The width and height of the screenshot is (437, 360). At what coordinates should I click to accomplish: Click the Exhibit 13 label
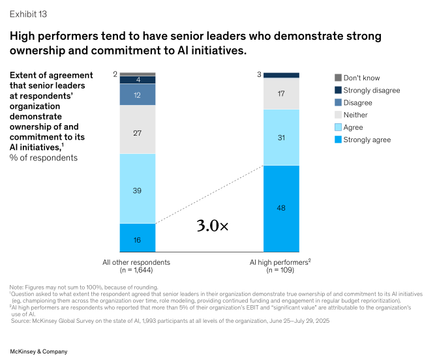pyautogui.click(x=28, y=13)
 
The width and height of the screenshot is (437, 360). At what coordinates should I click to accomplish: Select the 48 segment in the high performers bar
pyautogui.click(x=281, y=208)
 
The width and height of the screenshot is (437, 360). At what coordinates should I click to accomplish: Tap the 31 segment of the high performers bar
pyautogui.click(x=281, y=137)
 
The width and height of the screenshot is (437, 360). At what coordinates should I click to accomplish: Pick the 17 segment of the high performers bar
pyautogui.click(x=281, y=94)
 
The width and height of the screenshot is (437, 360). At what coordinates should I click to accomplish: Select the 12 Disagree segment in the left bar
pyautogui.click(x=138, y=95)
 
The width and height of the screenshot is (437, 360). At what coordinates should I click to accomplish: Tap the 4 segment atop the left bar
pyautogui.click(x=138, y=80)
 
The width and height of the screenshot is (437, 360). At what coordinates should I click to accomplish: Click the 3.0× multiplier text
pyautogui.click(x=213, y=226)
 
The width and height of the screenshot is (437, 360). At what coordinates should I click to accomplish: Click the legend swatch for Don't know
pyautogui.click(x=337, y=78)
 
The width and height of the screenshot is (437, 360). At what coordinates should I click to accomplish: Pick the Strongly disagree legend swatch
pyautogui.click(x=337, y=90)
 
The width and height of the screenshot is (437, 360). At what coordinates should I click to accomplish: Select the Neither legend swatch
pyautogui.click(x=337, y=115)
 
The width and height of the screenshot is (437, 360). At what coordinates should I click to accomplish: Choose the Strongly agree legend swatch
pyautogui.click(x=337, y=140)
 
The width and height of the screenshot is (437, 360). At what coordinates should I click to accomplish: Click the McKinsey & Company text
pyautogui.click(x=38, y=351)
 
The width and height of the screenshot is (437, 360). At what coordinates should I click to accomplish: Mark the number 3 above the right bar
pyautogui.click(x=259, y=75)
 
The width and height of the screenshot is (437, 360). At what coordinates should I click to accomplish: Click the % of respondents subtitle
pyautogui.click(x=44, y=157)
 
